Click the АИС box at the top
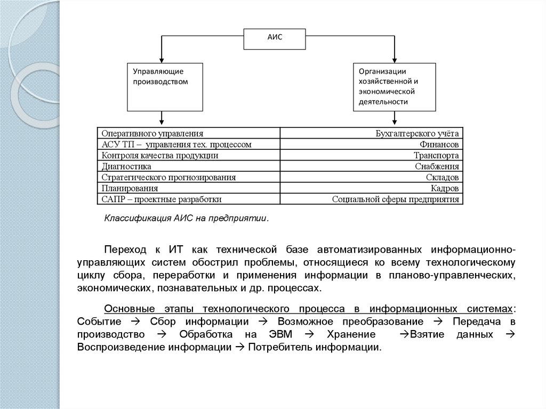pyautogui.click(x=275, y=38)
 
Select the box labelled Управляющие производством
pyautogui.click(x=165, y=86)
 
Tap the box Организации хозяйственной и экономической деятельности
pyautogui.click(x=394, y=86)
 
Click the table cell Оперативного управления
pyautogui.click(x=189, y=133)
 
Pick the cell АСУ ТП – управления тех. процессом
pyautogui.click(x=189, y=144)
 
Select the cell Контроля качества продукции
pyautogui.click(x=189, y=155)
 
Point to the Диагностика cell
pyautogui.click(x=189, y=166)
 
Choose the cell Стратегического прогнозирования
pyautogui.click(x=189, y=177)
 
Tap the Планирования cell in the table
pyautogui.click(x=189, y=188)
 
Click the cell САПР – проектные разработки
pyautogui.click(x=189, y=199)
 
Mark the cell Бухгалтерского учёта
pyautogui.click(x=372, y=133)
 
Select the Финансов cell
pyautogui.click(x=372, y=144)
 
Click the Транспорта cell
pyautogui.click(x=372, y=155)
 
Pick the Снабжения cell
pyautogui.click(x=372, y=166)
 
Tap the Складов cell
pyautogui.click(x=372, y=177)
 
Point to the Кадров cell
pyautogui.click(x=372, y=188)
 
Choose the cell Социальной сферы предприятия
pyautogui.click(x=372, y=199)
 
